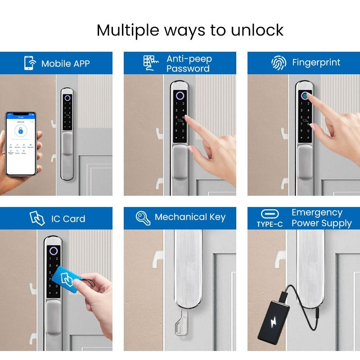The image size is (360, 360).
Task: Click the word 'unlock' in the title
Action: [x=257, y=30]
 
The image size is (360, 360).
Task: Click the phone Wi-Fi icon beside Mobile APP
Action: [x=29, y=63]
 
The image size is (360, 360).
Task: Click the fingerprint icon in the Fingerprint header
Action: [x=279, y=63]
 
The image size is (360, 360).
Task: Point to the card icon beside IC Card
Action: [x=37, y=219]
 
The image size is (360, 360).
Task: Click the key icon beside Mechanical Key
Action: [x=143, y=218]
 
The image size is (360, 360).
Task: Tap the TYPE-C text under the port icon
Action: [x=270, y=224]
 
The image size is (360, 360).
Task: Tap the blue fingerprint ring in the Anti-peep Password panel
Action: [x=180, y=95]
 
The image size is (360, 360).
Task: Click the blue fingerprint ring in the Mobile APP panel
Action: [x=67, y=98]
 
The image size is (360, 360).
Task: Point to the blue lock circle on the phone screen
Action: [x=20, y=131]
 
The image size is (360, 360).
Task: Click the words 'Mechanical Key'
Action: [x=189, y=217]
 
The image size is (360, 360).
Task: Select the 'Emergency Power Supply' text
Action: [x=321, y=218]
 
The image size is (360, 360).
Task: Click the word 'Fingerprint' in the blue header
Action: [x=316, y=63]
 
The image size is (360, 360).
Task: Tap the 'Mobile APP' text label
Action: [x=65, y=63]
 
